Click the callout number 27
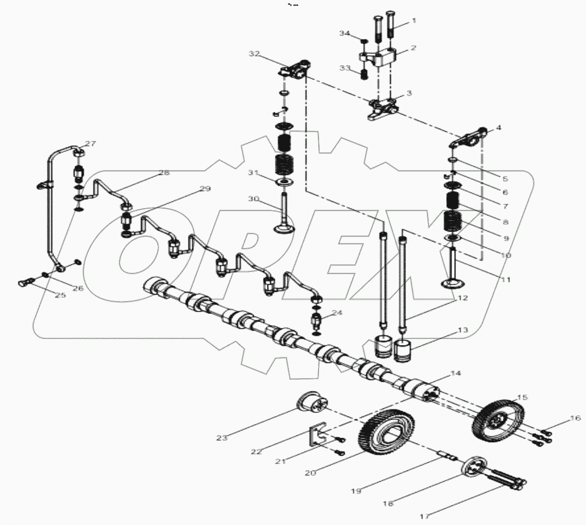point(90,144)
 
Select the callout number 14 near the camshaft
point(456,373)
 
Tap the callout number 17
point(425,516)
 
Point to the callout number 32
point(254,55)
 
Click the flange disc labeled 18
point(474,467)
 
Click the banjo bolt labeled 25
point(25,281)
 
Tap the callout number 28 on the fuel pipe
point(164,173)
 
